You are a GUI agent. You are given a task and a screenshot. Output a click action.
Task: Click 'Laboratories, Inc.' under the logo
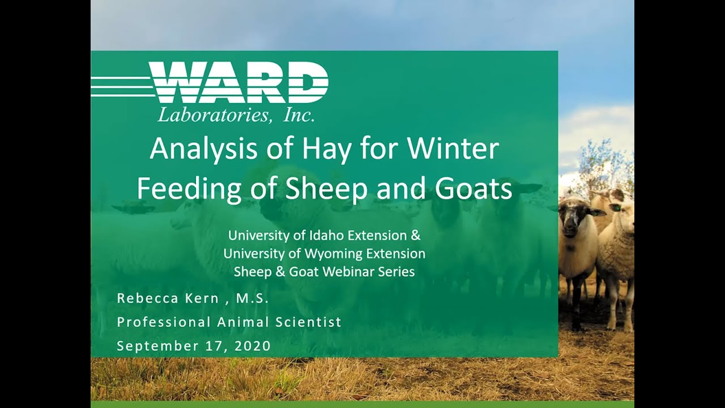(236, 115)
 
